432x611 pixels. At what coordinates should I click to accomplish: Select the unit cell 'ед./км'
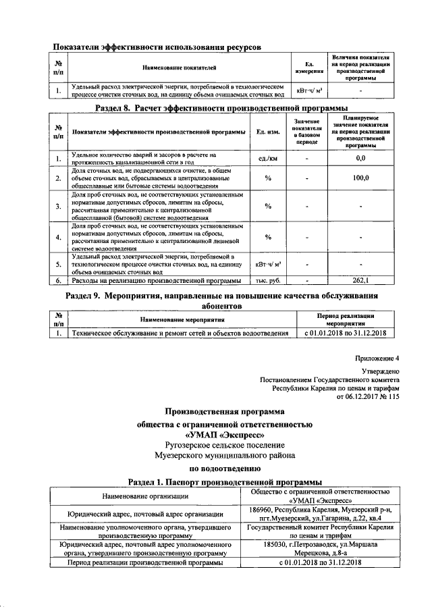267,158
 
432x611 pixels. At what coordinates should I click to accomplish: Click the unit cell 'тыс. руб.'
267,280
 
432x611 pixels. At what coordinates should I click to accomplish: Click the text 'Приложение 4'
377,358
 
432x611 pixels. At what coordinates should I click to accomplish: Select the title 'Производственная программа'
225,411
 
